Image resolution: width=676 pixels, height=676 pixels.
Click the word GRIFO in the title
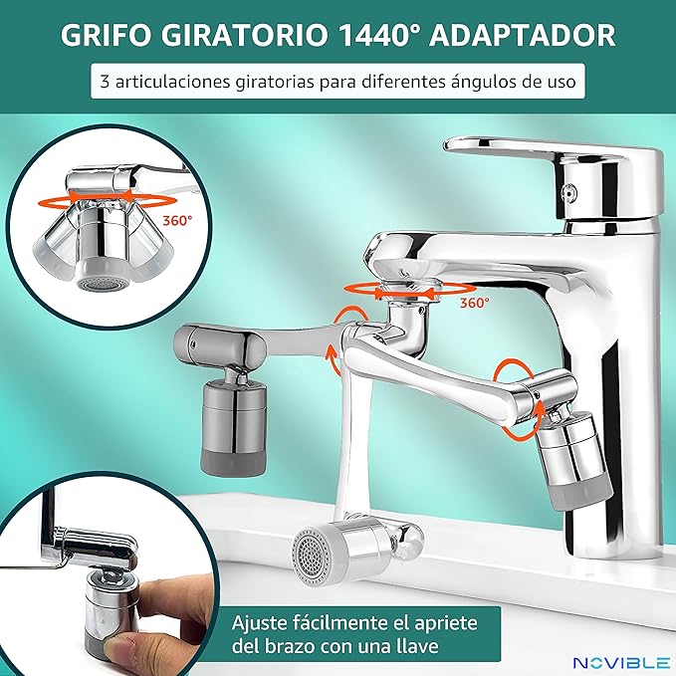(107, 35)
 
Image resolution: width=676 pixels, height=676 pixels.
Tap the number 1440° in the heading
(378, 35)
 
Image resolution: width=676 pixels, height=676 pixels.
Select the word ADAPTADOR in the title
(522, 35)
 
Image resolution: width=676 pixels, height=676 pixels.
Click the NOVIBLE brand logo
(621, 662)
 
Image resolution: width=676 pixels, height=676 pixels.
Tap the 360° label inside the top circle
(177, 221)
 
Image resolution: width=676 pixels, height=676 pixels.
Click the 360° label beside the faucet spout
(474, 303)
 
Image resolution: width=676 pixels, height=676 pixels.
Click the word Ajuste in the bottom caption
(259, 623)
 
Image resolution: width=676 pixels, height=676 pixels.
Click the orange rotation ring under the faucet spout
(409, 291)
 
